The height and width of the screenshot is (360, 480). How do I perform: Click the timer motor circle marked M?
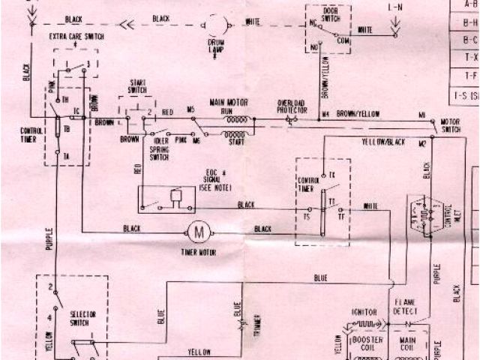click(199, 232)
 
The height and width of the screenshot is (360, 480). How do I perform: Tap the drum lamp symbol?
click(216, 27)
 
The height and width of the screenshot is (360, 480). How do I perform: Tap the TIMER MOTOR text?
click(199, 253)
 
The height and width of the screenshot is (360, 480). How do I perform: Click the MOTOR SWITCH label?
click(450, 124)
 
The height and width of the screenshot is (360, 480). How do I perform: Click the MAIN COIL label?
click(408, 343)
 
